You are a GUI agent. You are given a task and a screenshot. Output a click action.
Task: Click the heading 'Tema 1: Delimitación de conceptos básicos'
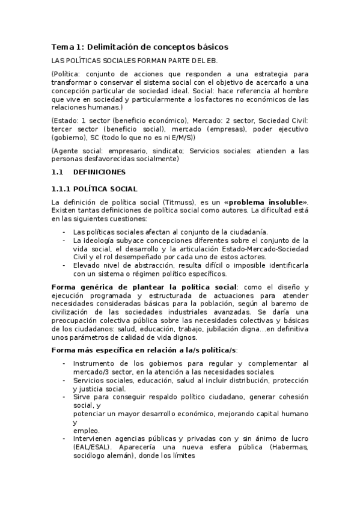[139, 46]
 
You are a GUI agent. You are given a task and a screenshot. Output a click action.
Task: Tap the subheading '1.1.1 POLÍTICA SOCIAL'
[94, 189]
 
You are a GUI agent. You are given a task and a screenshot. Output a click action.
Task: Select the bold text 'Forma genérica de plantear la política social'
[144, 288]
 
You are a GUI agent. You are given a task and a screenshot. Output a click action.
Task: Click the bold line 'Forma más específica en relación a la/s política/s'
[144, 350]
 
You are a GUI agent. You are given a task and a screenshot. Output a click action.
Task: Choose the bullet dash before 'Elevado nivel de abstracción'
[64, 265]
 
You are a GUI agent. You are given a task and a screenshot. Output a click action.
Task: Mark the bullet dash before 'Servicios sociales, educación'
[64, 380]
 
